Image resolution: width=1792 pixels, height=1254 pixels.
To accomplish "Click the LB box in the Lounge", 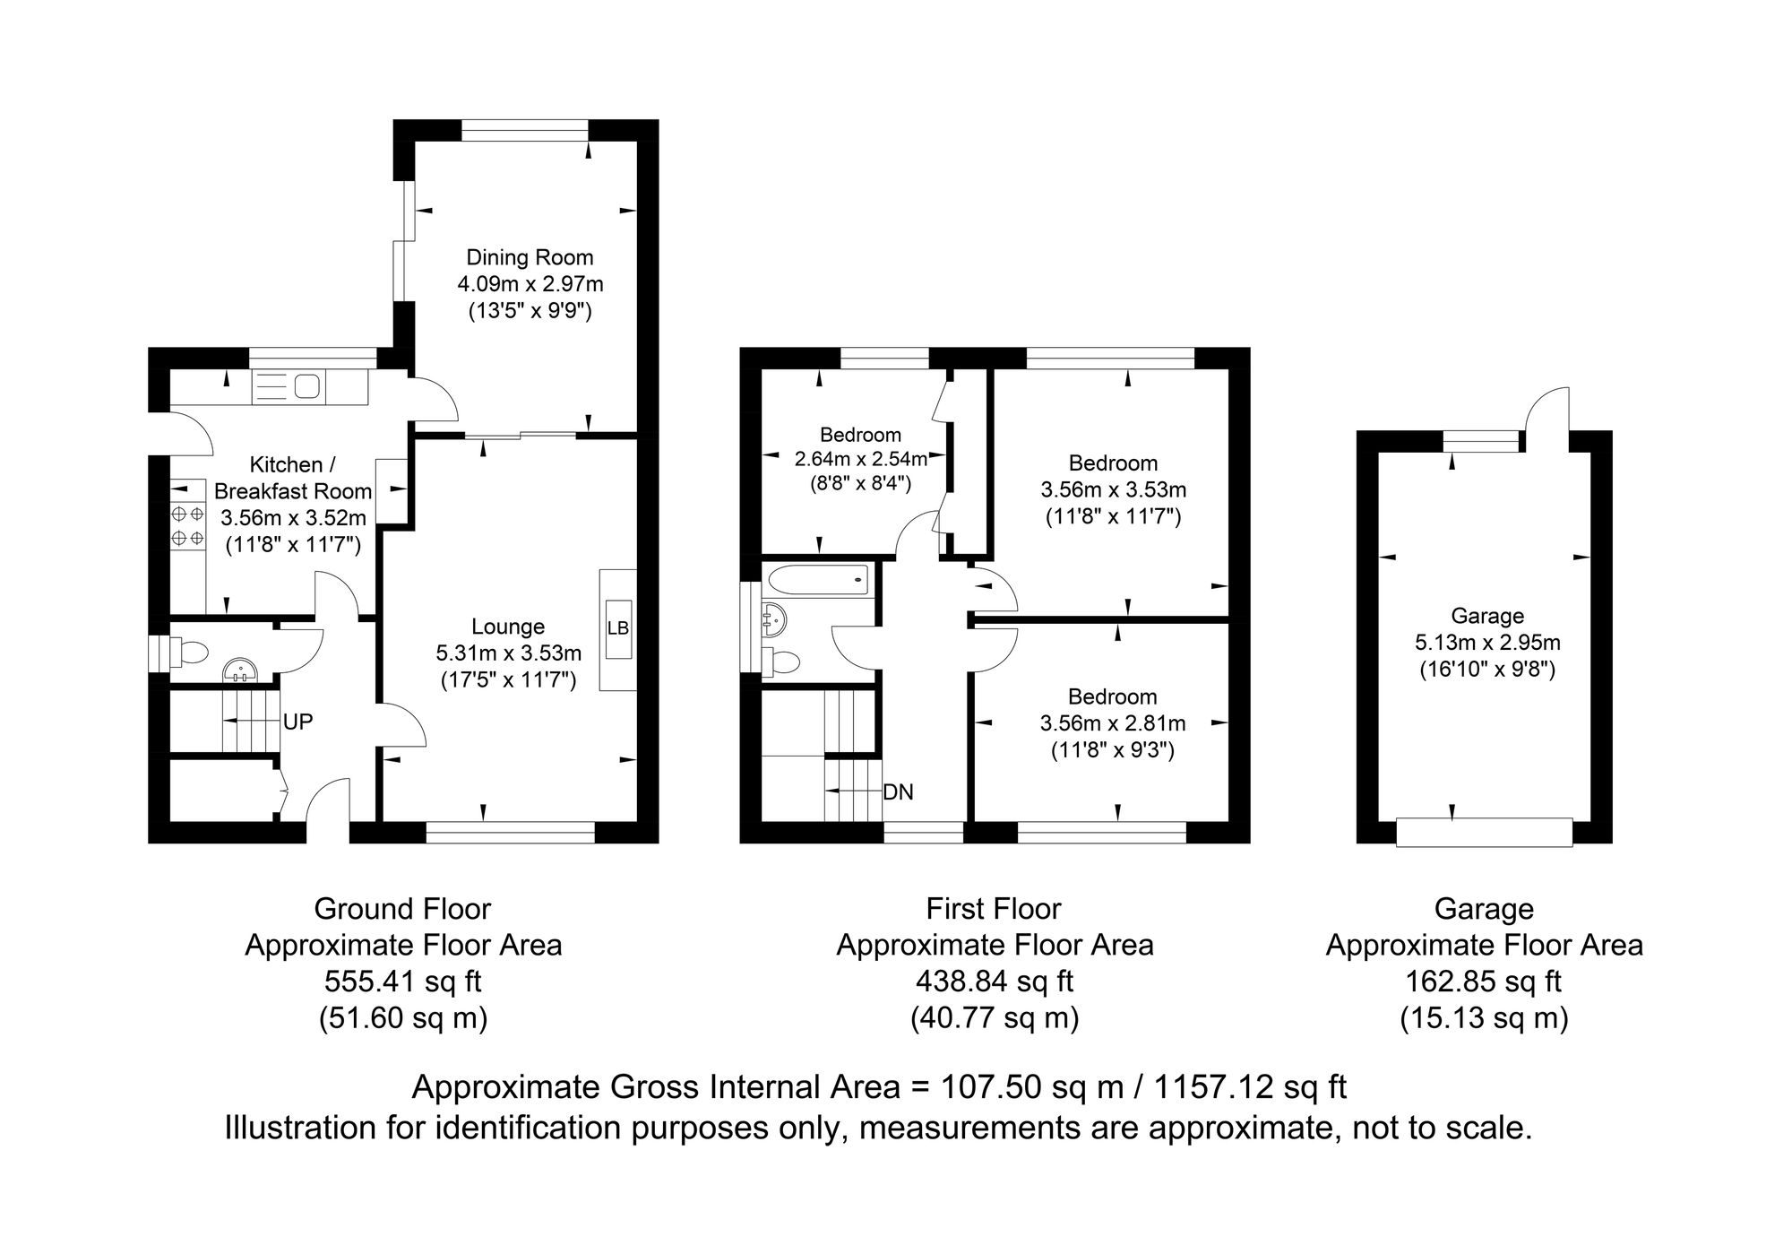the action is (618, 628).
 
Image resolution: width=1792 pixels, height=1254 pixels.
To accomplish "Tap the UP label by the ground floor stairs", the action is (297, 722).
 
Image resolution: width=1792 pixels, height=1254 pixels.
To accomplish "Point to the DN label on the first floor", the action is (899, 792).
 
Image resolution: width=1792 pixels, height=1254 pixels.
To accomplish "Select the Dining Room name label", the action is (530, 258).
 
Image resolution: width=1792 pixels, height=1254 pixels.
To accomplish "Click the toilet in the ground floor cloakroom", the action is (186, 653).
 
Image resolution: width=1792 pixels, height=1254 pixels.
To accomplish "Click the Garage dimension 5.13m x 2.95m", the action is (1487, 643).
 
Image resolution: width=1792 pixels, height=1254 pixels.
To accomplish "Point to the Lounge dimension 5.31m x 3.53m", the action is (508, 653).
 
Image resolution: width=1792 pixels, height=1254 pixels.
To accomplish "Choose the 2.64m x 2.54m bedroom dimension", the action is (861, 460).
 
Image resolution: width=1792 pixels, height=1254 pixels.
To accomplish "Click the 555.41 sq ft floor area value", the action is (403, 982).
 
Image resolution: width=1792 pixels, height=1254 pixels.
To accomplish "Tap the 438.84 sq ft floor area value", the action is (995, 982).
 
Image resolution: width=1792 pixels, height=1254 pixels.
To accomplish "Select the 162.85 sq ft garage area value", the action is (1484, 982).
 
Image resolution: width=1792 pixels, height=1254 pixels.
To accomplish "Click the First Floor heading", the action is (994, 910).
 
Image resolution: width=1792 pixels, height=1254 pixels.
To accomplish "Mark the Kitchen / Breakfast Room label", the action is (292, 478).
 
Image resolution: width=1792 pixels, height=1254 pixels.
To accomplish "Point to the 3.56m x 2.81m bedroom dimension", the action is (1113, 723).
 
